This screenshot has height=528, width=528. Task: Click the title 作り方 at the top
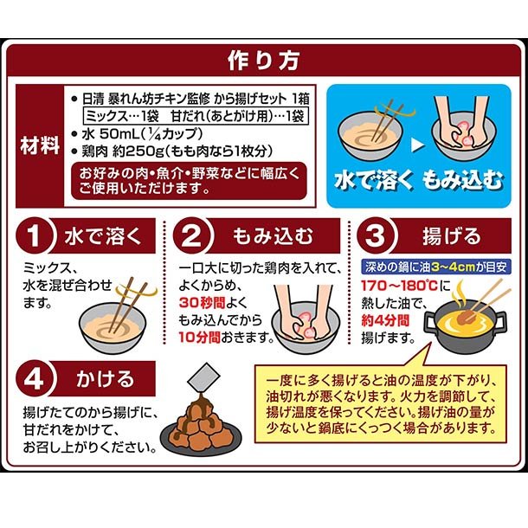pyautogui.click(x=264, y=61)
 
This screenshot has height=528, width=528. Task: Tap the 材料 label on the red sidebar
pyautogui.click(x=40, y=145)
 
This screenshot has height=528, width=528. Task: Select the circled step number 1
pyautogui.click(x=34, y=235)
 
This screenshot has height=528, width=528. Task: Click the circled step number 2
pyautogui.click(x=191, y=235)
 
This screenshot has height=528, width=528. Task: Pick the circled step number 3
pyautogui.click(x=375, y=235)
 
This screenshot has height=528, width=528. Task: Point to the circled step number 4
pyautogui.click(x=34, y=379)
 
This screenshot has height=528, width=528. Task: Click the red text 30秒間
pyautogui.click(x=202, y=302)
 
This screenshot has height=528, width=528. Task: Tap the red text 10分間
pyautogui.click(x=199, y=337)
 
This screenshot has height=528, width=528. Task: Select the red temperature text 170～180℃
pyautogui.click(x=399, y=286)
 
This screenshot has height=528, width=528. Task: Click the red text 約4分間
pyautogui.click(x=385, y=320)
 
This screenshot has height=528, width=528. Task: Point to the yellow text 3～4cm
pyautogui.click(x=453, y=267)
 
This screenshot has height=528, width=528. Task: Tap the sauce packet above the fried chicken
pyautogui.click(x=203, y=377)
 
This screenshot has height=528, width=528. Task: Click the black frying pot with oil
pyautogui.click(x=465, y=325)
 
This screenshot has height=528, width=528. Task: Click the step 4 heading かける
pyautogui.click(x=105, y=379)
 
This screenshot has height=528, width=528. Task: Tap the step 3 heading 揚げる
pyautogui.click(x=451, y=235)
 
